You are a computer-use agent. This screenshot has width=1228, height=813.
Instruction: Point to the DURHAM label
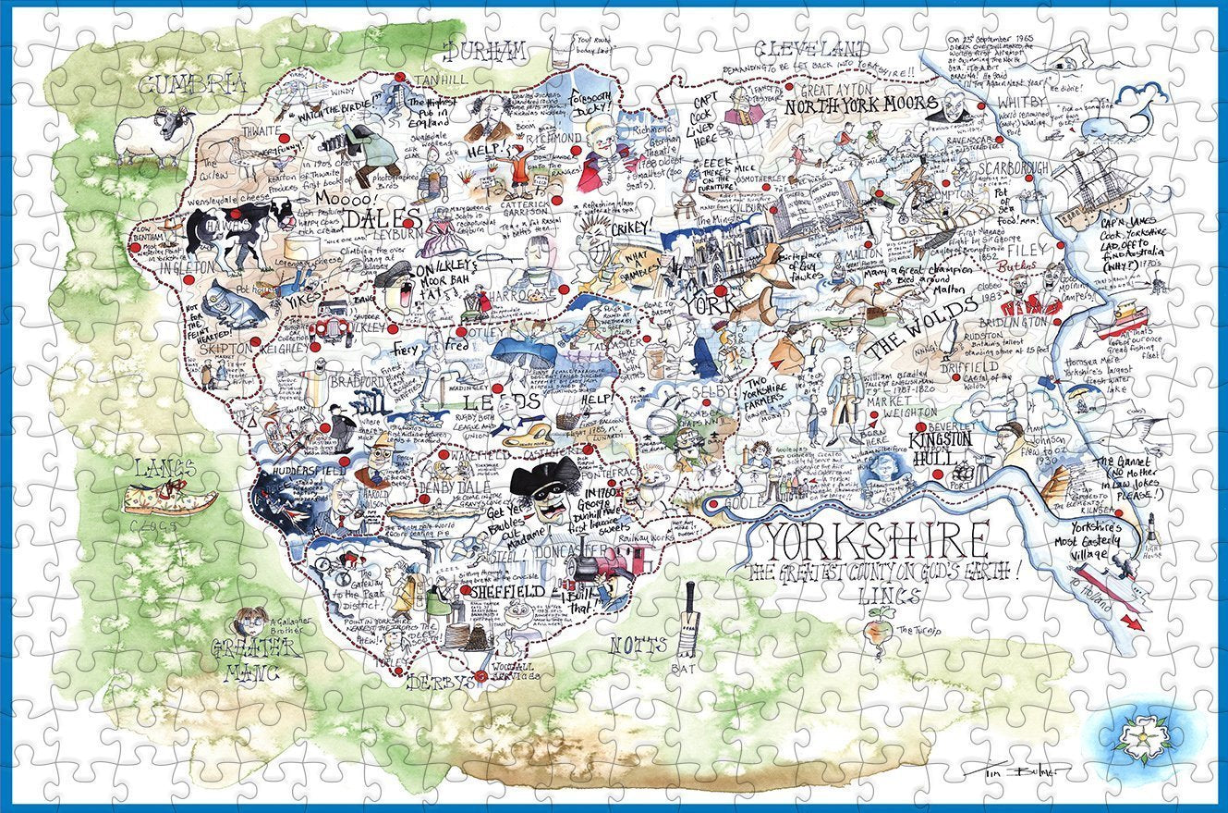[487, 50]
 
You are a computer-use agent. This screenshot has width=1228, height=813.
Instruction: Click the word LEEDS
[499, 401]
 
